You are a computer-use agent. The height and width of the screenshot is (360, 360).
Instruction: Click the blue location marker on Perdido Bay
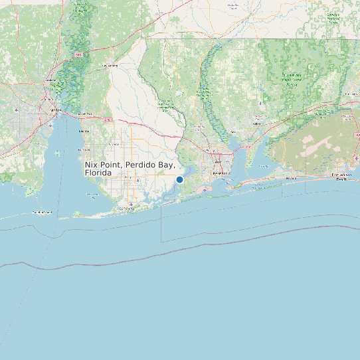tap(179, 179)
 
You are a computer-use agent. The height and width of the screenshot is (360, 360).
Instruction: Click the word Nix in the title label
tap(92, 164)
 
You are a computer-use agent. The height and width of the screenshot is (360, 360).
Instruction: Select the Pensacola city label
tap(219, 173)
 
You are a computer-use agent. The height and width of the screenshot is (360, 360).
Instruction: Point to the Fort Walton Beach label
tap(341, 177)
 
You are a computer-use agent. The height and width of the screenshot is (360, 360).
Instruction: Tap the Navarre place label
tap(291, 178)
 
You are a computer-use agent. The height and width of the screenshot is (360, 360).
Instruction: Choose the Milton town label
tap(232, 132)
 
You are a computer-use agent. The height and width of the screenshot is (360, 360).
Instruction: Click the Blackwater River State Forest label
tap(290, 80)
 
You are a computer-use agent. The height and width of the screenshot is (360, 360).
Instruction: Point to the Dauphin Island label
tap(41, 212)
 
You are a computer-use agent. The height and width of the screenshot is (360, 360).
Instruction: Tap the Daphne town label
tap(84, 131)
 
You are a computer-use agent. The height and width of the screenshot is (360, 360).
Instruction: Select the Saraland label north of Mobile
tap(50, 80)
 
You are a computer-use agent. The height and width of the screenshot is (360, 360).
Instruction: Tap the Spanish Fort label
tap(84, 114)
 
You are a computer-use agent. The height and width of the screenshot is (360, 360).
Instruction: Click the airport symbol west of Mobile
tap(17, 108)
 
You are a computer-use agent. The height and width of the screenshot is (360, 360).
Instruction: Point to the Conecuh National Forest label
tap(334, 19)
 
